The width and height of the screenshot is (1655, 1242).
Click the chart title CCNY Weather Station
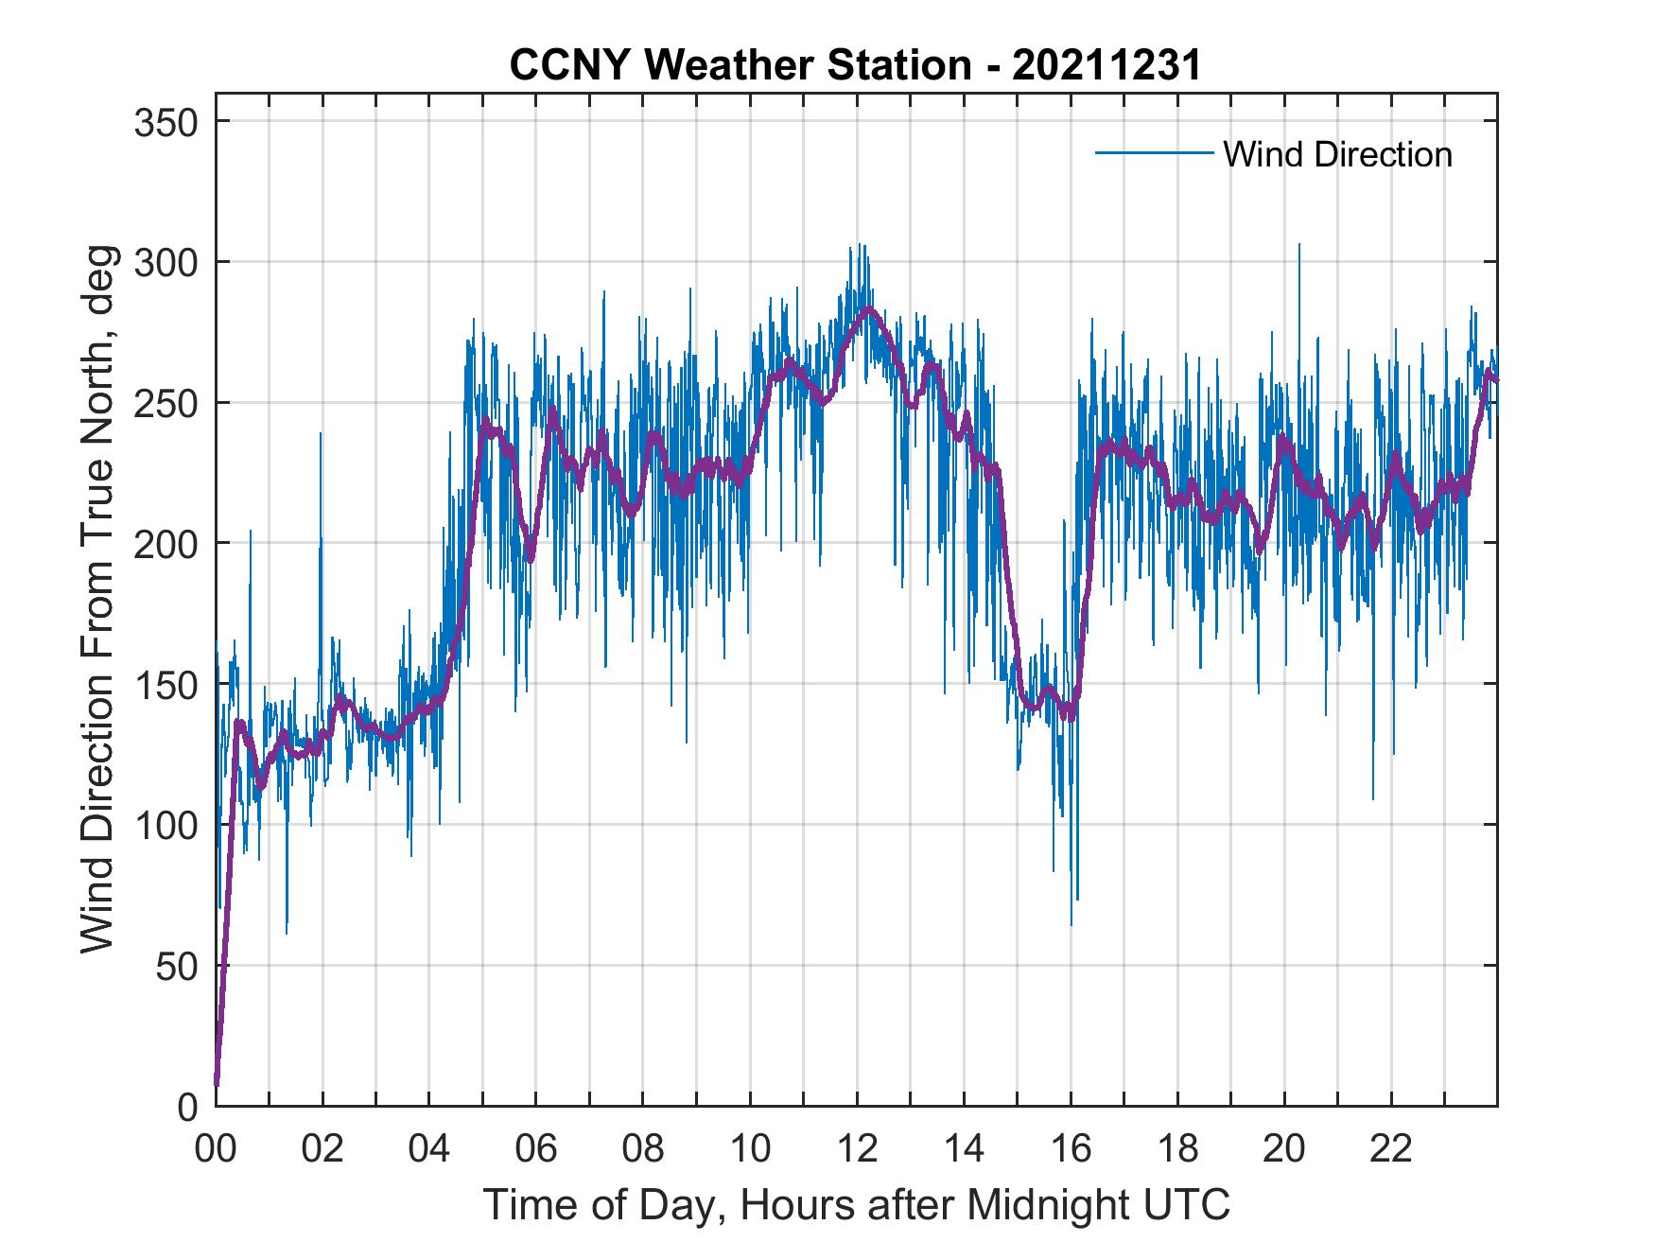[855, 65]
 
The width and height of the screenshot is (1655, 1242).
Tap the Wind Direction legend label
[1337, 154]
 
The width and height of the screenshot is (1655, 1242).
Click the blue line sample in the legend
[1154, 152]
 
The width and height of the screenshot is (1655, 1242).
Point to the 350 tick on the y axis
[166, 123]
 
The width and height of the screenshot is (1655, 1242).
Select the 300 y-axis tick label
[166, 263]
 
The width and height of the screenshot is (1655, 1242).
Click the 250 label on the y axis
[166, 404]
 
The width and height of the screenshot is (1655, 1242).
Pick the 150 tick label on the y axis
[166, 685]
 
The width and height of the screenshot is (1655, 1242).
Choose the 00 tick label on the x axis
[216, 1149]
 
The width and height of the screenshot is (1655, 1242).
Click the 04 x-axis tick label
[429, 1149]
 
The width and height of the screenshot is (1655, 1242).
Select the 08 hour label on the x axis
[643, 1149]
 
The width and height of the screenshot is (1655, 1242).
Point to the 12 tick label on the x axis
[857, 1149]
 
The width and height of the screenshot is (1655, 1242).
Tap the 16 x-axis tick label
[1071, 1149]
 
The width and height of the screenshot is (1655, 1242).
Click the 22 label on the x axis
[1391, 1149]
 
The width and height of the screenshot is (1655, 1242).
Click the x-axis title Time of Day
[857, 1204]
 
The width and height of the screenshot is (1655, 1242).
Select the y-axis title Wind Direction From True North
[97, 599]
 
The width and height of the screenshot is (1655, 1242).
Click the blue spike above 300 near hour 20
[1298, 246]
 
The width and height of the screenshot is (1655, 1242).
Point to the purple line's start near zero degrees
[218, 1083]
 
